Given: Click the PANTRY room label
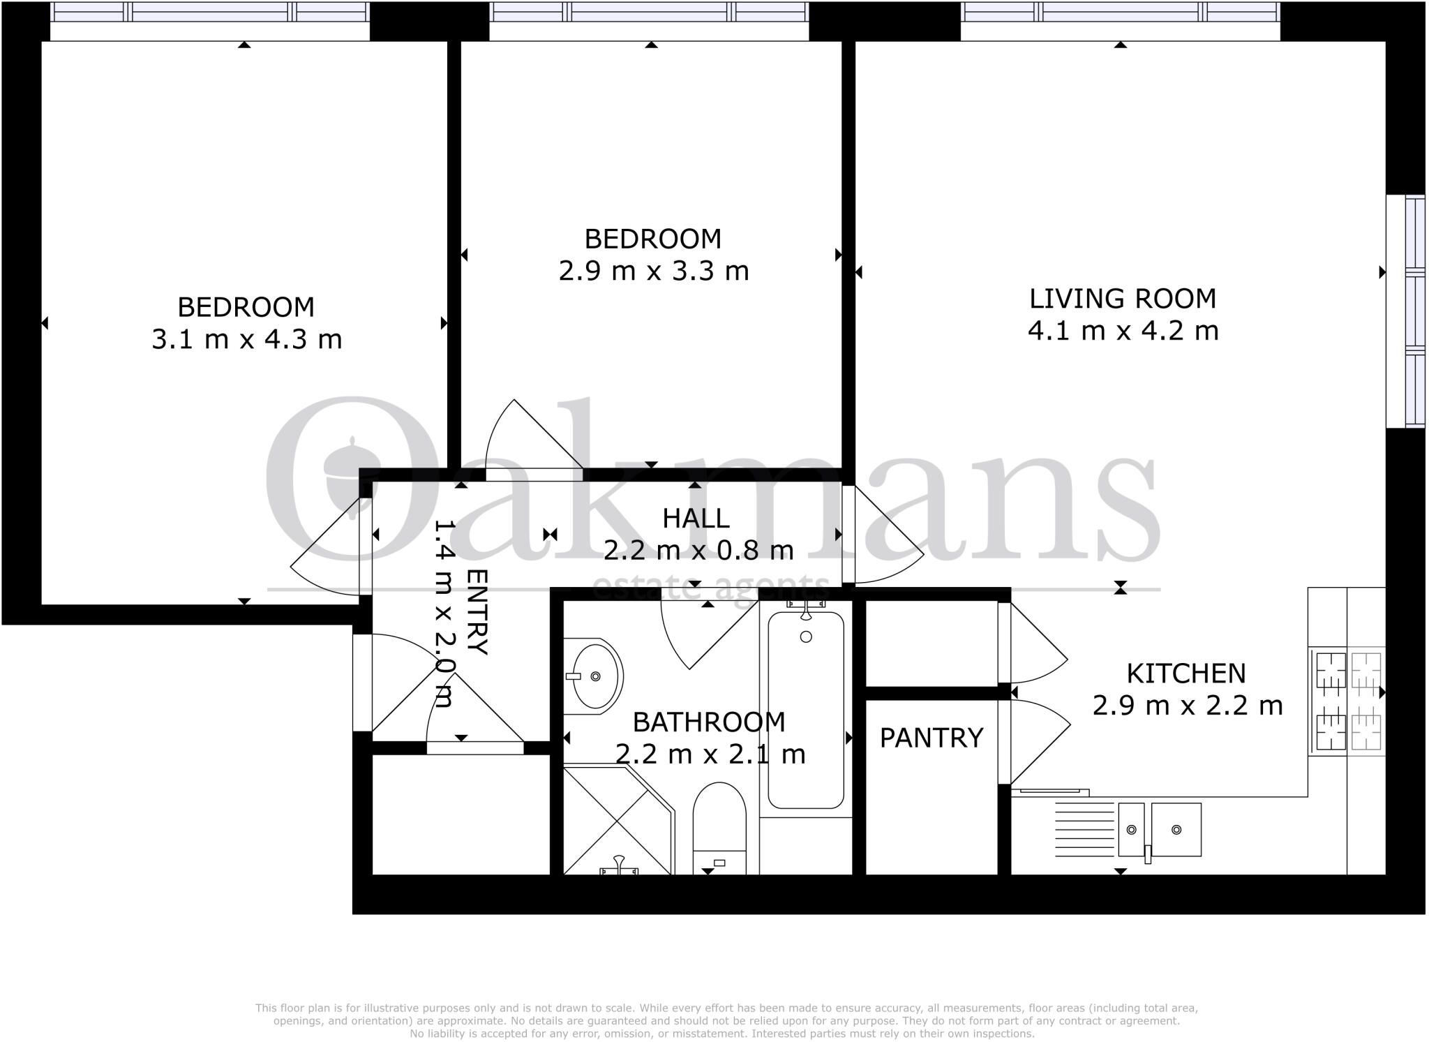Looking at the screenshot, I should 931,738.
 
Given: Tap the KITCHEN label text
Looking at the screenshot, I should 1186,673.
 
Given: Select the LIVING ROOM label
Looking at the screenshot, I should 1123,299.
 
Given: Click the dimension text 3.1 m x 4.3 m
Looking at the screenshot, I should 247,340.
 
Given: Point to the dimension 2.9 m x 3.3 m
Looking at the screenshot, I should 654,271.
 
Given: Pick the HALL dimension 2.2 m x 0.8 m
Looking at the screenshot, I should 698,551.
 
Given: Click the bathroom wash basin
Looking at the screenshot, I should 593,676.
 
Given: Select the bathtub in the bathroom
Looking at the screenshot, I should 806,708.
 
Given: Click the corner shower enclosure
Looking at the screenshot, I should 614,824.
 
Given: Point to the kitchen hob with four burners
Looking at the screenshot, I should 1347,701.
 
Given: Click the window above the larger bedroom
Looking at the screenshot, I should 209,12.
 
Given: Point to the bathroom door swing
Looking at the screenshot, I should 705,632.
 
